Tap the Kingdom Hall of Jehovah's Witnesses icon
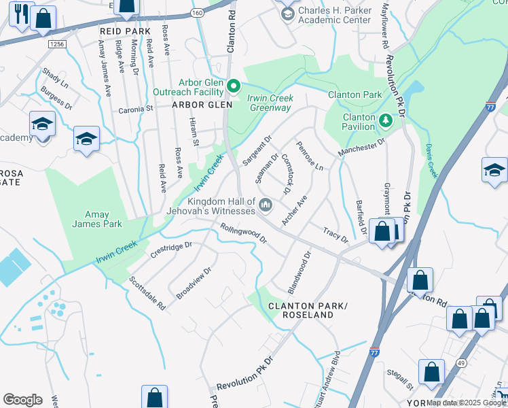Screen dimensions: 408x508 coord(266,204)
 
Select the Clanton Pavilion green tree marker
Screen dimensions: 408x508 coord(386,120)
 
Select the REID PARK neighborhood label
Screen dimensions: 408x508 coord(124,31)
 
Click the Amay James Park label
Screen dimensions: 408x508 coord(99,219)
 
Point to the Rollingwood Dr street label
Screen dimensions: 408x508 coord(242,235)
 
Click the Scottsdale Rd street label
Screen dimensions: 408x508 coord(147,293)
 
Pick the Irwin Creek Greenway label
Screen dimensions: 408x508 coord(270,103)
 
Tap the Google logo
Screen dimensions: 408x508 coord(22,399)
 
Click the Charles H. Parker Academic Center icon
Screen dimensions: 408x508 coord(287,14)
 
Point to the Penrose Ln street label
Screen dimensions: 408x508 coord(309,156)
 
